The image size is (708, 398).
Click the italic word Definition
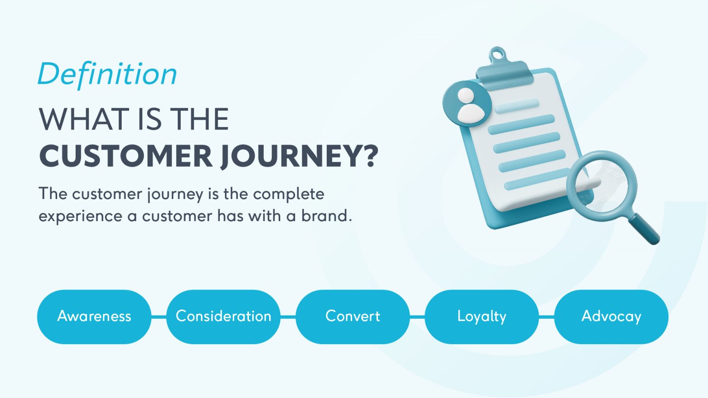[x=107, y=74]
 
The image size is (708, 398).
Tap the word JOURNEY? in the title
[x=299, y=157]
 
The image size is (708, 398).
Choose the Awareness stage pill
[x=94, y=316]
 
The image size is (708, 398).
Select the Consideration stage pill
[x=224, y=316]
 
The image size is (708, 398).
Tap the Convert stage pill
[x=353, y=316]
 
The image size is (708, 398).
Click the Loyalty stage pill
[x=482, y=316]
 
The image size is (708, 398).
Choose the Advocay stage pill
[x=611, y=316]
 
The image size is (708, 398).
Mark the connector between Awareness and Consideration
[x=159, y=316]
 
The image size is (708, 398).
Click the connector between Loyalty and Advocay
[x=546, y=316]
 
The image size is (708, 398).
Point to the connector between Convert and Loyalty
[x=417, y=316]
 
